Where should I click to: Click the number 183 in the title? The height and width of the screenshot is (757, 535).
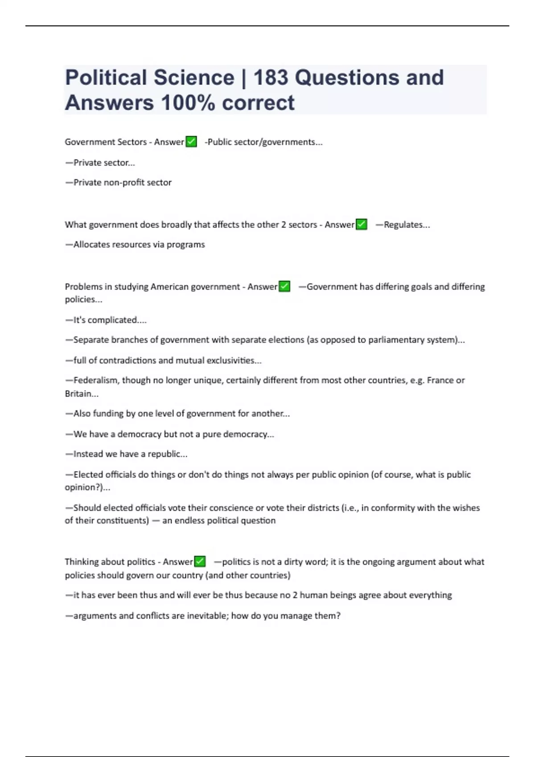[271, 77]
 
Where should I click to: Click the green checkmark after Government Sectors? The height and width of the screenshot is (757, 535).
[191, 142]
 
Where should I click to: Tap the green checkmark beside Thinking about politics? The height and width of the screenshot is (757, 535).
[200, 562]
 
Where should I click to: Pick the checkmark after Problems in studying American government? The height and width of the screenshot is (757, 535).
[284, 286]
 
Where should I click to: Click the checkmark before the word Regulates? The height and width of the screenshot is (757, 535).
[362, 224]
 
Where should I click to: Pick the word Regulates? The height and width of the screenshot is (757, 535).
[403, 224]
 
